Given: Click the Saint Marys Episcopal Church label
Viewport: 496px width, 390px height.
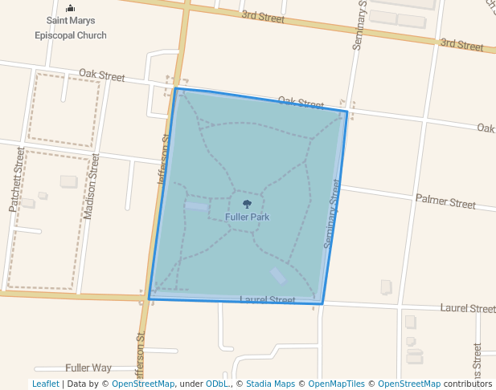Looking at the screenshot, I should pos(70,30).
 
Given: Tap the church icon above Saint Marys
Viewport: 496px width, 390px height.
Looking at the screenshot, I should pos(70,9).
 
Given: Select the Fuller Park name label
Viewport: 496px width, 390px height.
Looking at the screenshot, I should pos(247,217).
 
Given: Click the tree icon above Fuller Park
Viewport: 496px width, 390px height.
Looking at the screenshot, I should pos(247,205).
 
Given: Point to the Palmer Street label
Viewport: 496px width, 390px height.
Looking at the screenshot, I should pos(445,201).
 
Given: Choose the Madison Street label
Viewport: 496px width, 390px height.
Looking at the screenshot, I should pos(91,186).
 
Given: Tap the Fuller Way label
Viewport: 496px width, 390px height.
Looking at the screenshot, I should pos(88,368).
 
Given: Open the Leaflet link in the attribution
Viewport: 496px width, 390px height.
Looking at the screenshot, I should pos(45,384).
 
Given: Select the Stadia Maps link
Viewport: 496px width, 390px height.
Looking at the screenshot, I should pos(270,384).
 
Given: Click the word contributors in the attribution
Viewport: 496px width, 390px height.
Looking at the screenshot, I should pos(468,384).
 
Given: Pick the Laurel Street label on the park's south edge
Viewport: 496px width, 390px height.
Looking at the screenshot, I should pos(268,300).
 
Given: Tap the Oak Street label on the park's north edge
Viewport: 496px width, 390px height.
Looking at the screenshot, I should pos(301,103).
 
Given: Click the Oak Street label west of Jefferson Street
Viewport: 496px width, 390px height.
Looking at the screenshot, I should pos(102,76).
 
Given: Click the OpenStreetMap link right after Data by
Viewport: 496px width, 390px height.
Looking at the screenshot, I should pos(143,384).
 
